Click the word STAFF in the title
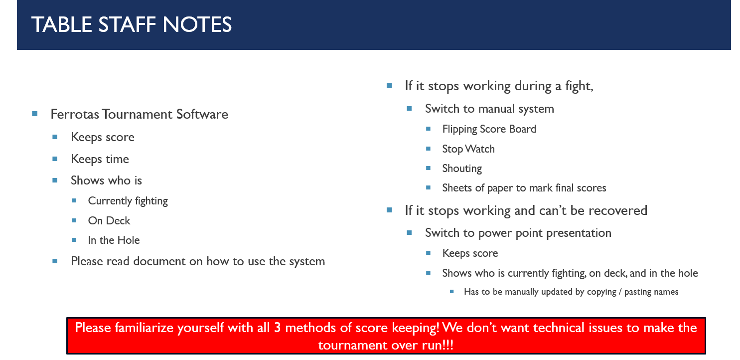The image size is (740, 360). point(127,24)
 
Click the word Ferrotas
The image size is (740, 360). point(75,114)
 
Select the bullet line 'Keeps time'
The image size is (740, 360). point(100,160)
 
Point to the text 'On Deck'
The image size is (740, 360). point(109,220)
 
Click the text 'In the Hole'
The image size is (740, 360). point(114,240)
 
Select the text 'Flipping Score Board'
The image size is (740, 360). point(489,129)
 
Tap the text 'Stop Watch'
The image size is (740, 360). point(468,149)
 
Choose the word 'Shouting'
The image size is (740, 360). point(462,169)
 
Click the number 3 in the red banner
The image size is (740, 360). point(277,328)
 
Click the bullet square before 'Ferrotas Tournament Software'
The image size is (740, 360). point(35,114)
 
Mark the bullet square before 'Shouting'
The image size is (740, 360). point(429,168)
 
